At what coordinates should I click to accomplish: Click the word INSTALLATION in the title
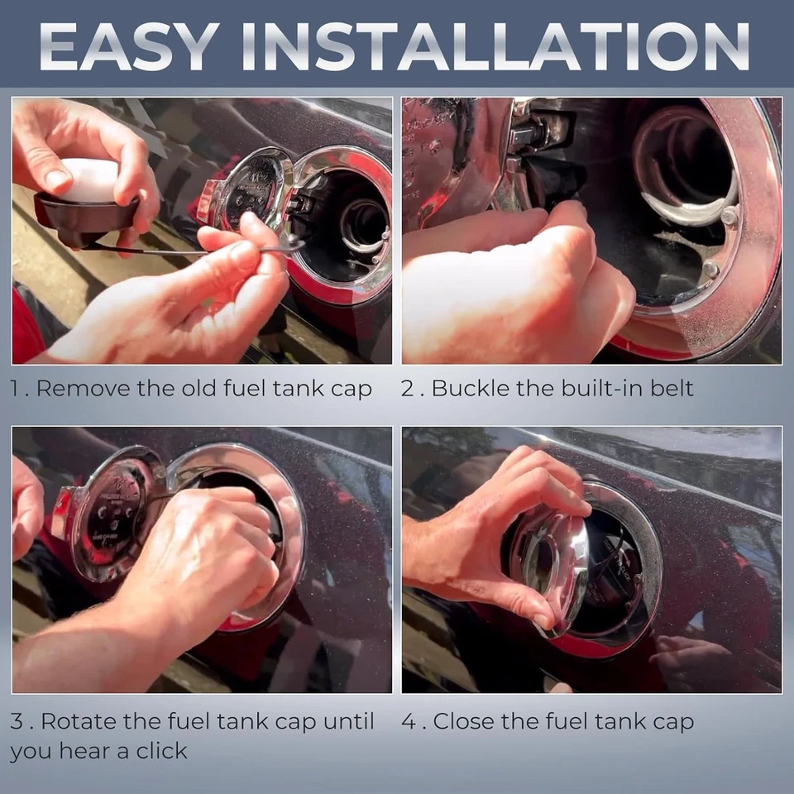point(495,46)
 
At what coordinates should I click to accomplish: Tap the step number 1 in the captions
point(14,389)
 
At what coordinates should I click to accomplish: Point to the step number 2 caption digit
point(408,389)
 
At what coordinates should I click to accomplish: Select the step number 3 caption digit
point(17,721)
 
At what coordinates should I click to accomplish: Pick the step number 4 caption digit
point(408,721)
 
